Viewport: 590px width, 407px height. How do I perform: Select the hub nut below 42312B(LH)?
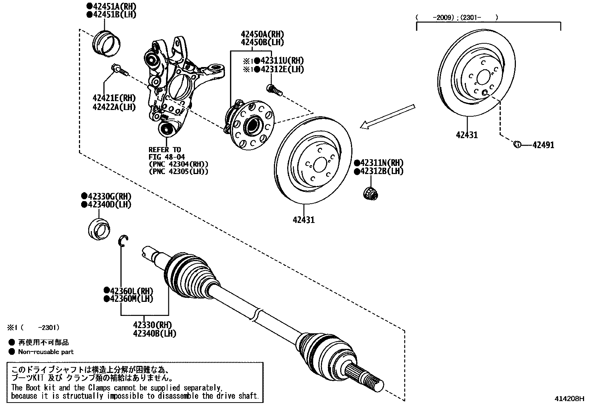369,193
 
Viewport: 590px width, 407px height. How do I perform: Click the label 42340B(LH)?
155,333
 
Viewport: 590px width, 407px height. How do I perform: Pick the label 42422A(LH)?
114,107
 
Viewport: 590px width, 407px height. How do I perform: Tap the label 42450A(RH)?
262,34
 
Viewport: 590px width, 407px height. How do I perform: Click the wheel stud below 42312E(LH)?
274,89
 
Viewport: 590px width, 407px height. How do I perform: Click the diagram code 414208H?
569,399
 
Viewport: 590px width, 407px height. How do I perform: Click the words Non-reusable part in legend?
46,352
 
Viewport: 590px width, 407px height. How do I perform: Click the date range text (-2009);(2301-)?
457,17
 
